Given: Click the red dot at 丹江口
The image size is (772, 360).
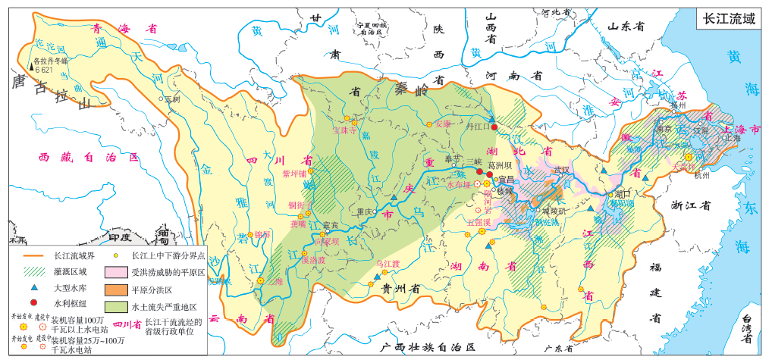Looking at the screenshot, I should click(x=494, y=127).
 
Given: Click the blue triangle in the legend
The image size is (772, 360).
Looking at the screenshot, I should click(x=33, y=289).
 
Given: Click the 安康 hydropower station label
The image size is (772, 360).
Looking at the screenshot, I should click(x=444, y=124).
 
